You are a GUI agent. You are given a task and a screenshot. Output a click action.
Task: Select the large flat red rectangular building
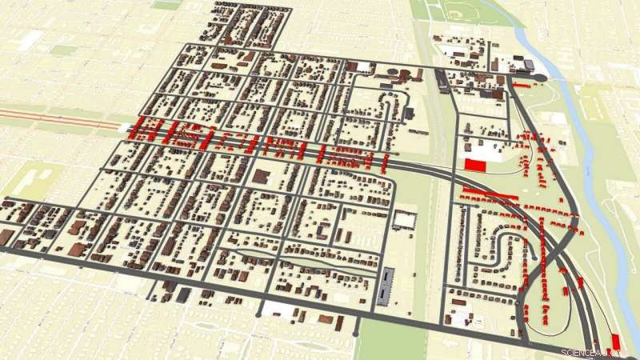475,164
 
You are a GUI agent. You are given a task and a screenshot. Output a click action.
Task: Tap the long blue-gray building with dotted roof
386,285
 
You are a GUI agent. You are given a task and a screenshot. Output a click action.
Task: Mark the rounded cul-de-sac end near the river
538,76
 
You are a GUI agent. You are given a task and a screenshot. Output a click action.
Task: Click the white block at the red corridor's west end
125,126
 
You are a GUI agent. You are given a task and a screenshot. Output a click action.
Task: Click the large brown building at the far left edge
6,237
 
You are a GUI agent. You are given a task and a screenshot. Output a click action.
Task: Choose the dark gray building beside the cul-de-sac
528,64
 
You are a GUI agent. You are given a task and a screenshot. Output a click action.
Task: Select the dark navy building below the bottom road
185,295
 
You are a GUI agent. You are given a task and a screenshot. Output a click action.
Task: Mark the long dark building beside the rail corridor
442,80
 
